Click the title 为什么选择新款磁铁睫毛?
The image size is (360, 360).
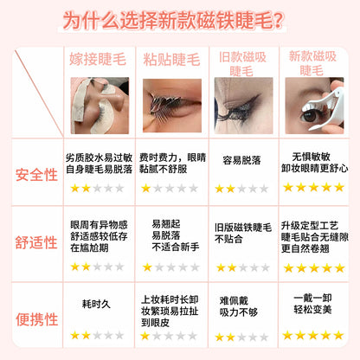[173, 21]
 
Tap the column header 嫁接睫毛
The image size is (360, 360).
[98, 59]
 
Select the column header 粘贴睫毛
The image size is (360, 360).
[171, 60]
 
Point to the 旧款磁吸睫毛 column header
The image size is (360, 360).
[242, 64]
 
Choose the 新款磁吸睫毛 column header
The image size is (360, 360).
[312, 63]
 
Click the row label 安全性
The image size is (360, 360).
[36, 175]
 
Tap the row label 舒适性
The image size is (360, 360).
[36, 242]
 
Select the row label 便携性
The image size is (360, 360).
[36, 319]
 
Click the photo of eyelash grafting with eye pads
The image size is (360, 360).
[100, 106]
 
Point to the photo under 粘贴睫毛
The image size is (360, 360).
[172, 106]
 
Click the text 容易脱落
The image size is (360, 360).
[241, 160]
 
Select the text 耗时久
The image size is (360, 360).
[96, 304]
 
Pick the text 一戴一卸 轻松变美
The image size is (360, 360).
[312, 304]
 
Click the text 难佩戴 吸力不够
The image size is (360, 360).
[238, 306]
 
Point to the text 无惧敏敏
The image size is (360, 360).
[311, 157]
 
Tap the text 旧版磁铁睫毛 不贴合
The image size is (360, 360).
[243, 233]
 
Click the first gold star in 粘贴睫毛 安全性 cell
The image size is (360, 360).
[146, 189]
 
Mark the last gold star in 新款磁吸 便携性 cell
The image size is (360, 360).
[338, 335]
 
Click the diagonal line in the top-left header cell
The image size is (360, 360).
[39, 93]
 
